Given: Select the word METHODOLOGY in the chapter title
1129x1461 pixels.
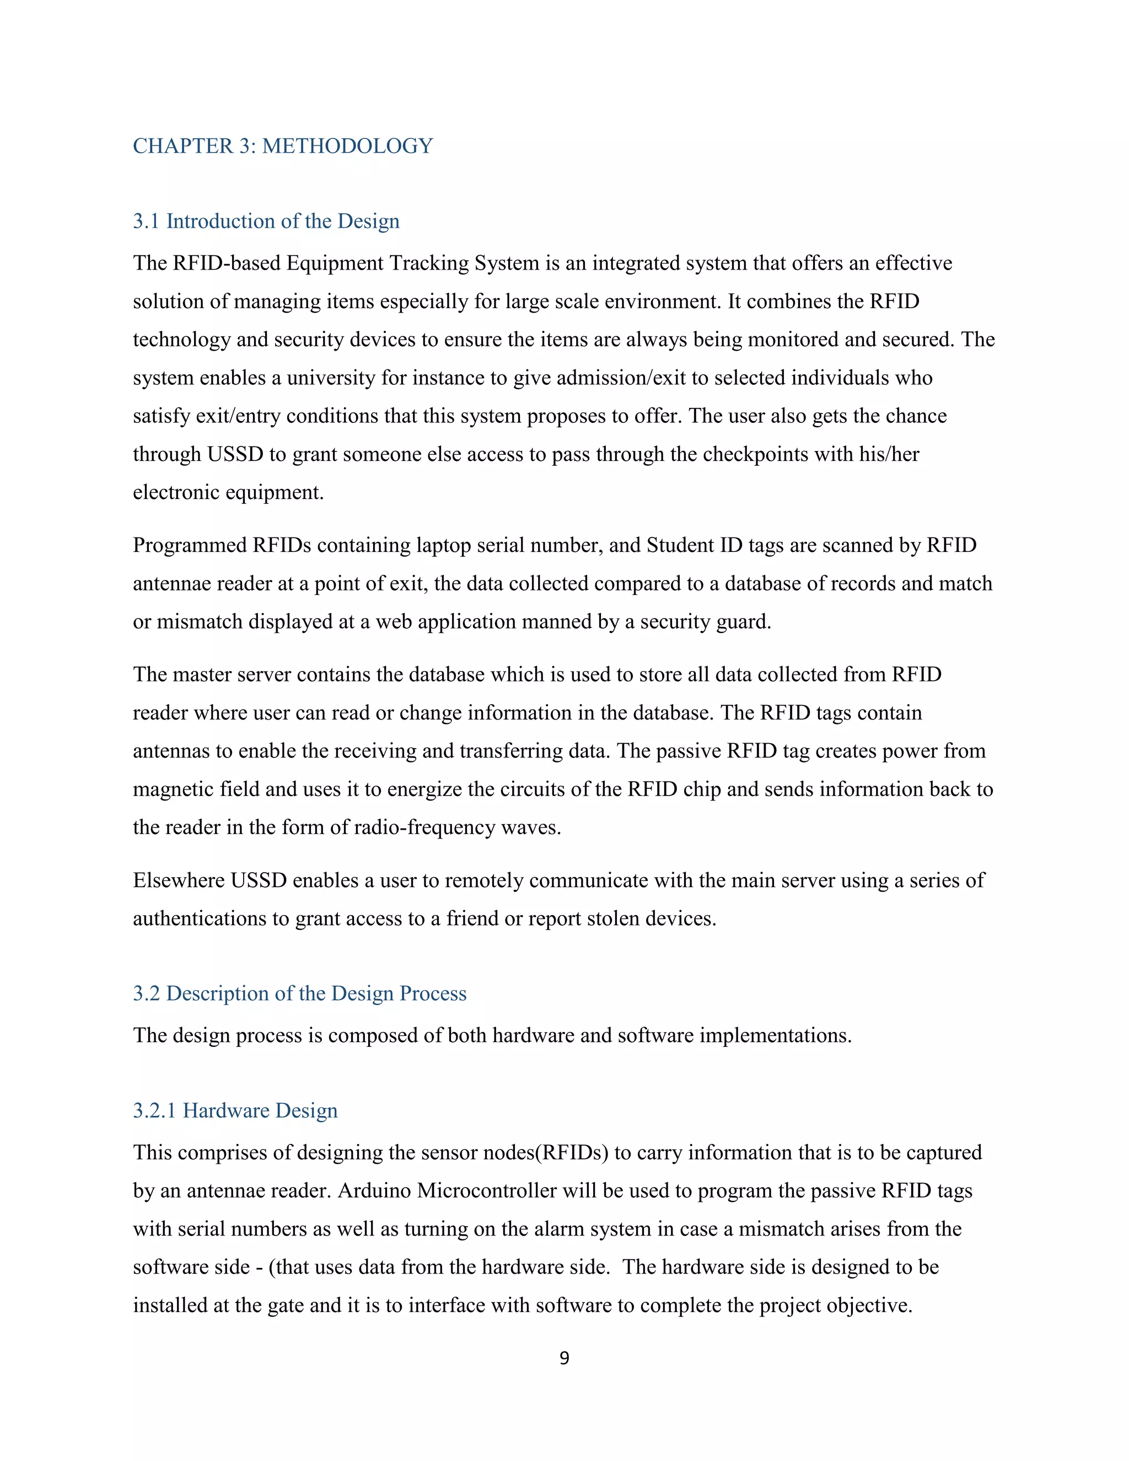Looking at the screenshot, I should [347, 146].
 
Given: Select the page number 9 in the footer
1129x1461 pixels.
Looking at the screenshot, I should [564, 1358].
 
